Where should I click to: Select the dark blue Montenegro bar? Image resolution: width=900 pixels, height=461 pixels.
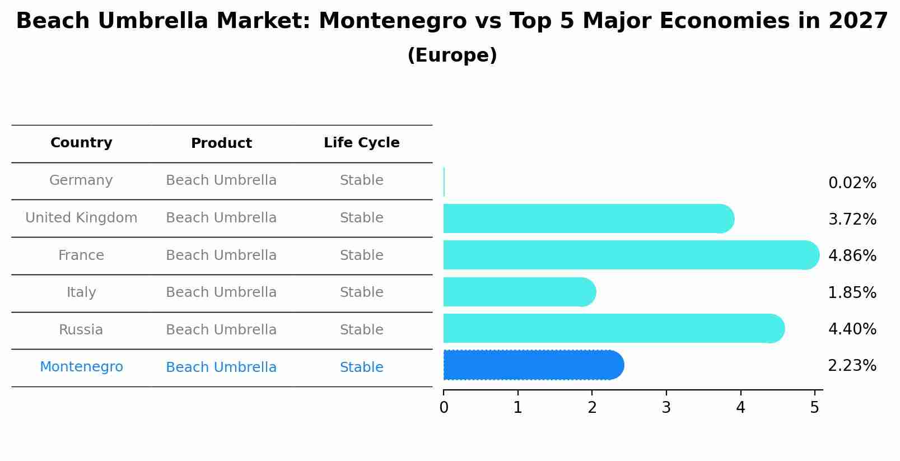pos(532,365)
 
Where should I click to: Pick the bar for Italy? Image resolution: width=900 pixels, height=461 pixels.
pos(519,292)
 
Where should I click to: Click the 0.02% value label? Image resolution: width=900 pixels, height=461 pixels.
pos(852,183)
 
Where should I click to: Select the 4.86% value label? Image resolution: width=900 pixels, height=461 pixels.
pos(852,256)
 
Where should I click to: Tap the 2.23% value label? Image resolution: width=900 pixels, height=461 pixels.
pos(852,366)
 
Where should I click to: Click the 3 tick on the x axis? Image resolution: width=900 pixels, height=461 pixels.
pos(666,408)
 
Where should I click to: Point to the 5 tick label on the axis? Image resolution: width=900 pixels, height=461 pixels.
pos(814,408)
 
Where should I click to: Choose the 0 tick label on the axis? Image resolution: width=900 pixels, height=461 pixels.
pos(444,408)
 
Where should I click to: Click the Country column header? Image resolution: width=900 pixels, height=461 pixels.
pos(81,143)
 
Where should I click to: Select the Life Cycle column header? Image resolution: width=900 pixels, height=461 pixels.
pos(361,143)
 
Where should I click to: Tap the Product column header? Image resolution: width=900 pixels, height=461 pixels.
pos(221,143)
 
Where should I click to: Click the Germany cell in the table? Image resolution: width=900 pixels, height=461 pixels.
pos(81,180)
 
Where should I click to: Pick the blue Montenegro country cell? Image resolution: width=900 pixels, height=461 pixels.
pos(81,367)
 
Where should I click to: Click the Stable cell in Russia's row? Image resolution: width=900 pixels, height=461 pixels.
pos(361,330)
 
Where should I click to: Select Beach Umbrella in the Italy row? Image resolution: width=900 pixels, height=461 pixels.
pos(221,292)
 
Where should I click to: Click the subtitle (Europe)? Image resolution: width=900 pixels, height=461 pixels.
pos(452,55)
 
